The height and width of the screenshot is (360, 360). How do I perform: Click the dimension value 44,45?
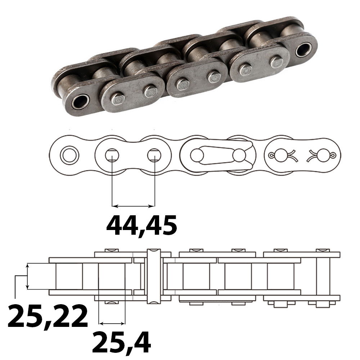point(141,225)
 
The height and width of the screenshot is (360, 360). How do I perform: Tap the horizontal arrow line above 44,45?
point(133,206)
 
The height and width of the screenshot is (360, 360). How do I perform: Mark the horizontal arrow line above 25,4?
point(112,322)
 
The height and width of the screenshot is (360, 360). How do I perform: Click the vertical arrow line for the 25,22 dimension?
point(27,276)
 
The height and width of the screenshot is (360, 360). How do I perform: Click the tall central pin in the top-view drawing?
point(154,275)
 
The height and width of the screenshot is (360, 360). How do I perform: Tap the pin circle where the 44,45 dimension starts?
point(112,155)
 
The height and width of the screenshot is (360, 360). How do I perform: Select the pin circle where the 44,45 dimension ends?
point(154,155)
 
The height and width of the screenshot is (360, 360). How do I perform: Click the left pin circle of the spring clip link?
point(197,156)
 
